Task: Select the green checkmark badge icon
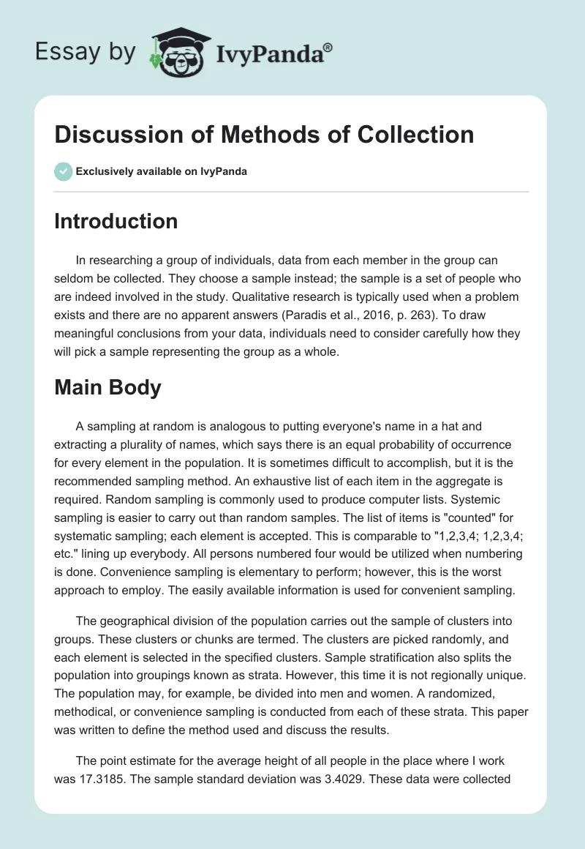click(x=63, y=172)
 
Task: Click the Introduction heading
click(x=116, y=220)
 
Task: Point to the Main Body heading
click(x=107, y=387)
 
